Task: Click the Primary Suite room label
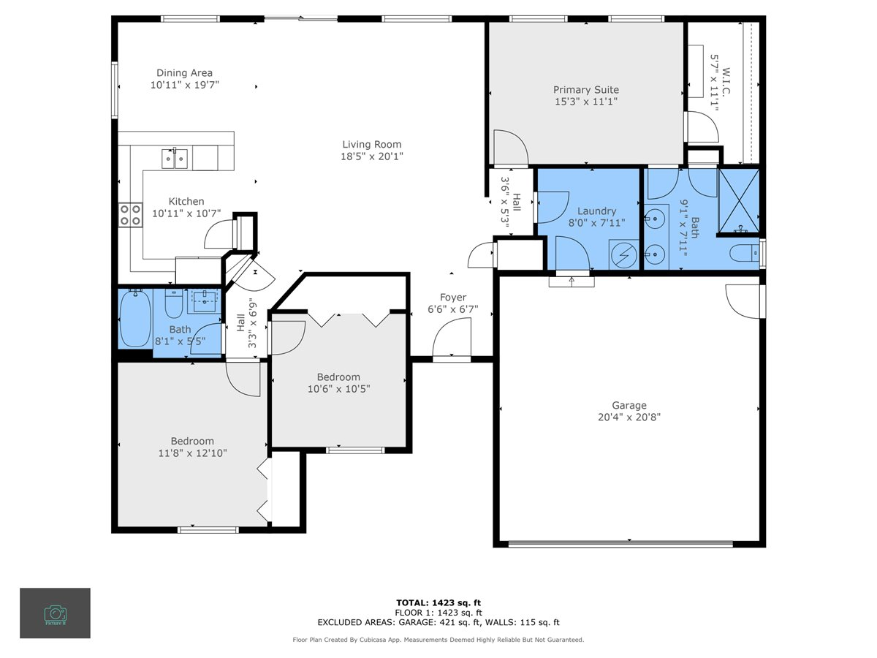(x=586, y=90)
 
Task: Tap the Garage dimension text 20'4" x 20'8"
(x=629, y=417)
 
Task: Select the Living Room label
(x=372, y=144)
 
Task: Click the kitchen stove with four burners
(x=131, y=214)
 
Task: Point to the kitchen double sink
(x=175, y=157)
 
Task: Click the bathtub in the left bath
(x=135, y=319)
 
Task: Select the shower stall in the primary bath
(x=739, y=201)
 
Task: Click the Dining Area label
(x=184, y=72)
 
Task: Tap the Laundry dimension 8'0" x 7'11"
(x=597, y=222)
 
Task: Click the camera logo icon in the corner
(x=55, y=613)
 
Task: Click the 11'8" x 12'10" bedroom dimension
(x=192, y=453)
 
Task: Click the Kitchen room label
(x=186, y=201)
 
